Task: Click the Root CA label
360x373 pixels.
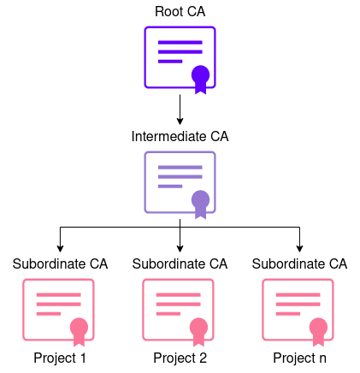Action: [x=180, y=11]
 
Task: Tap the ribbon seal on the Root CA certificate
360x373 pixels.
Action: [x=200, y=78]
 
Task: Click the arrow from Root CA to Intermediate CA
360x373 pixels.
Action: [x=180, y=109]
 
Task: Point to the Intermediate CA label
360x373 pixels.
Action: [x=180, y=136]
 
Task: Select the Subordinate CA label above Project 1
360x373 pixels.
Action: [x=60, y=263]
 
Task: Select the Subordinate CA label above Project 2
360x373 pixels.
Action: [x=180, y=263]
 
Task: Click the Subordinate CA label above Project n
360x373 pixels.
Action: [x=299, y=263]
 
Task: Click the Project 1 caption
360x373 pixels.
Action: [x=60, y=358]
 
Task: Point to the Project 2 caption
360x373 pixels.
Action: [x=180, y=358]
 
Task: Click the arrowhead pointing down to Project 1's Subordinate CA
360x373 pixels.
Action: [x=60, y=246]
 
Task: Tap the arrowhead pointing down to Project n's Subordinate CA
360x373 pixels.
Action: [x=299, y=246]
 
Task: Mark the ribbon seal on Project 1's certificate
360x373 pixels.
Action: [x=80, y=330]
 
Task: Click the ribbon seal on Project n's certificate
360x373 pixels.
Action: [x=319, y=330]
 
